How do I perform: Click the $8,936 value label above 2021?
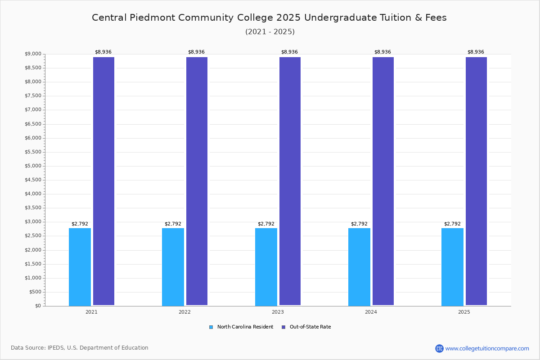(x=103, y=52)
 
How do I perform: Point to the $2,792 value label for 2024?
(x=359, y=224)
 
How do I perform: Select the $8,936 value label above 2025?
(x=476, y=52)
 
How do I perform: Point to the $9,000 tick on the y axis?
(x=33, y=54)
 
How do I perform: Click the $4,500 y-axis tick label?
(x=33, y=180)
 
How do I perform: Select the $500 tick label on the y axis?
(x=35, y=292)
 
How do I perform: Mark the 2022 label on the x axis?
(x=184, y=312)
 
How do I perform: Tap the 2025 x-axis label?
(x=464, y=312)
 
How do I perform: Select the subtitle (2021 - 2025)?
(x=270, y=31)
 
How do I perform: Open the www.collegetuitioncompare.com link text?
(x=487, y=348)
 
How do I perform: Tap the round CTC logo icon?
(x=439, y=348)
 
